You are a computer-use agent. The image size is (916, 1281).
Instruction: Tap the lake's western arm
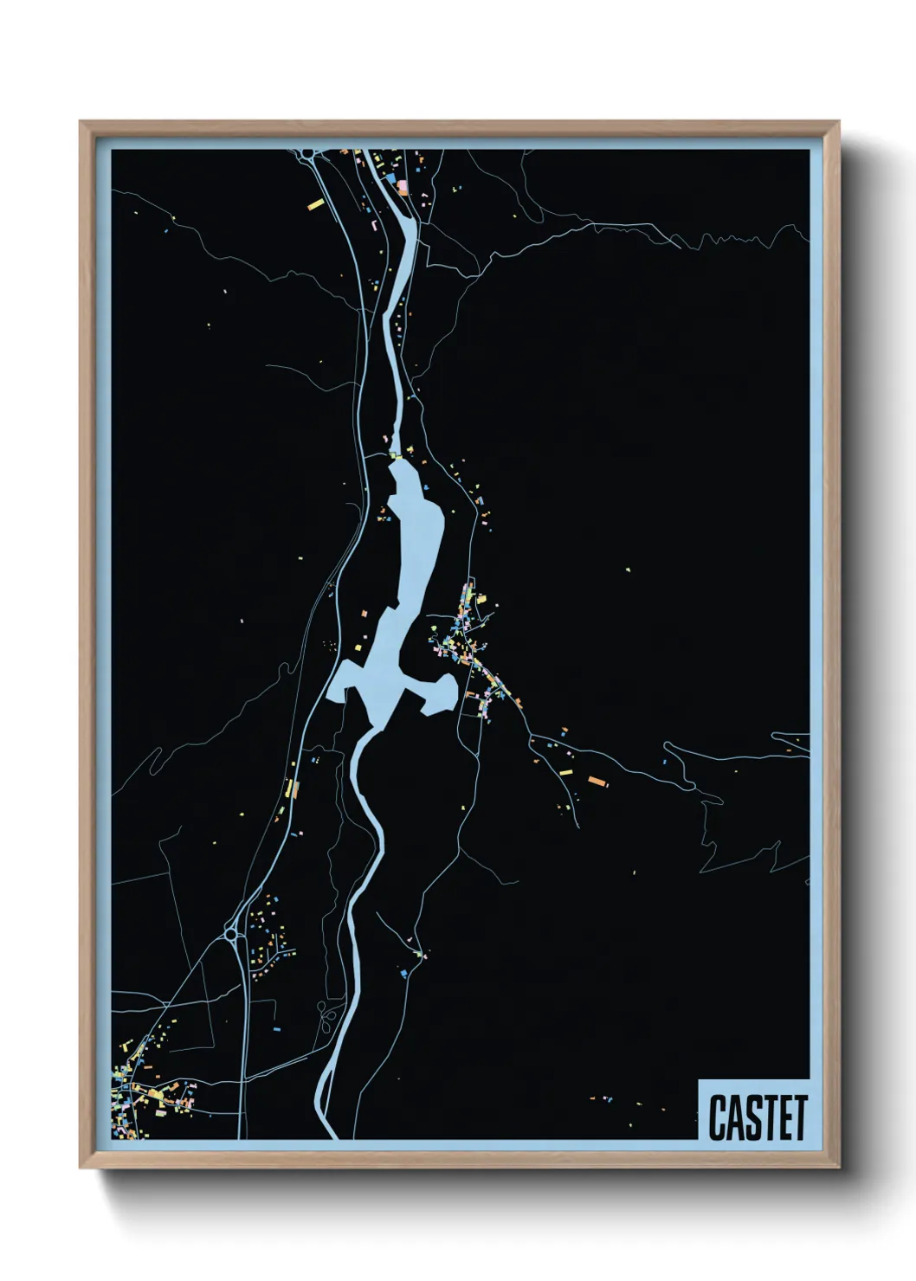(x=347, y=679)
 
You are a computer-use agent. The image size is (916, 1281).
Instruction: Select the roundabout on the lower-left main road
(x=231, y=935)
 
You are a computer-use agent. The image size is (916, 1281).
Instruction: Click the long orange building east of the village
(x=597, y=781)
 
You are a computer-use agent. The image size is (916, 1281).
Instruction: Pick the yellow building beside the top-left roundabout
(x=316, y=205)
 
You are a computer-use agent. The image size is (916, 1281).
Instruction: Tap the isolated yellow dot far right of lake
(x=629, y=570)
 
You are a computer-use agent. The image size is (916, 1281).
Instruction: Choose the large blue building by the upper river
(x=401, y=184)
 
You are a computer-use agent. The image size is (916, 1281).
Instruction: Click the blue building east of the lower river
(x=403, y=975)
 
